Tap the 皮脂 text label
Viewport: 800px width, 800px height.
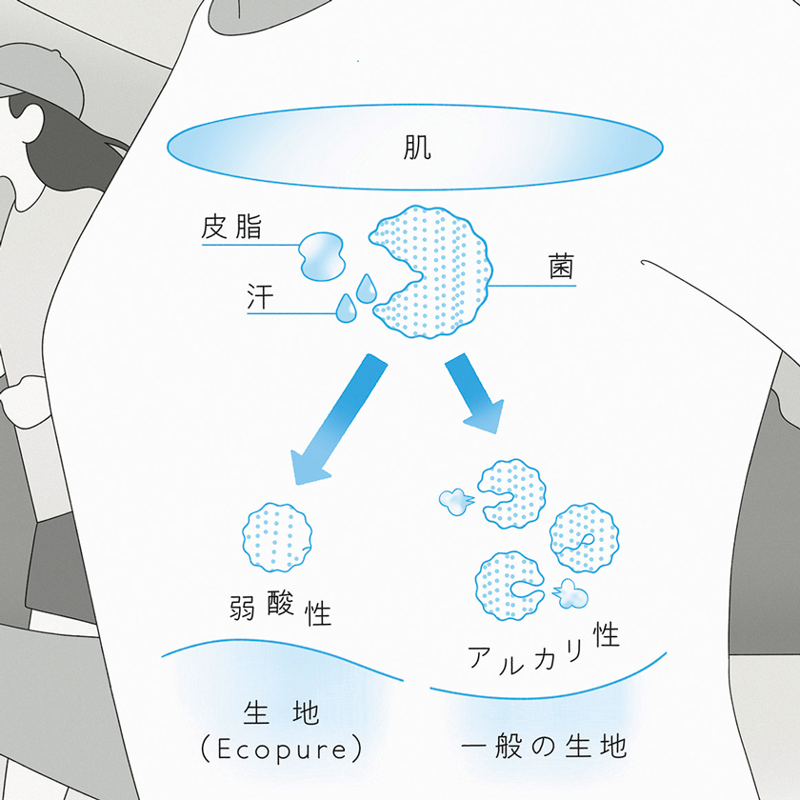pos(231,229)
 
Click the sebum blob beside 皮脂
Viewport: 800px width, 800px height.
pos(321,254)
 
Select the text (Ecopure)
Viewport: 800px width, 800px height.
pos(283,749)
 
